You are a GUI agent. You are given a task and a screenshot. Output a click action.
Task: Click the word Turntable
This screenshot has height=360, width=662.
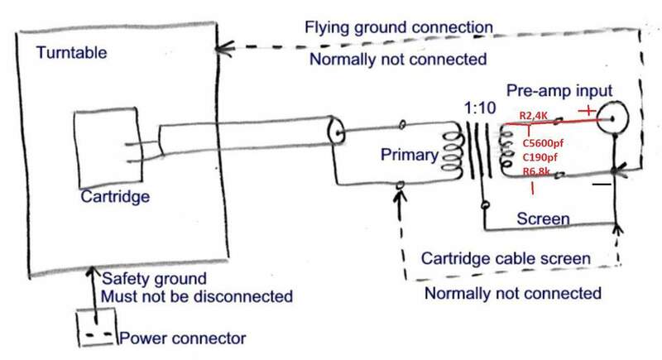[71, 55]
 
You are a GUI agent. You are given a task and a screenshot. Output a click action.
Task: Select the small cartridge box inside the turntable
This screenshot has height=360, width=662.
[108, 148]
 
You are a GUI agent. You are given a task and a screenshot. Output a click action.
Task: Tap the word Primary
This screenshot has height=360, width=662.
[407, 154]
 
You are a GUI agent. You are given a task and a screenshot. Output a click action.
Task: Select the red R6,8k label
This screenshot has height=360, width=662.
[542, 170]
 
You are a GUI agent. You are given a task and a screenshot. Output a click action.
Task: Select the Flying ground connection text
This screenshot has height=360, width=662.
[402, 27]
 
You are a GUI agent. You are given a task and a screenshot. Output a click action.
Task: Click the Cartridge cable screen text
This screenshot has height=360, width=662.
[506, 259]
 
